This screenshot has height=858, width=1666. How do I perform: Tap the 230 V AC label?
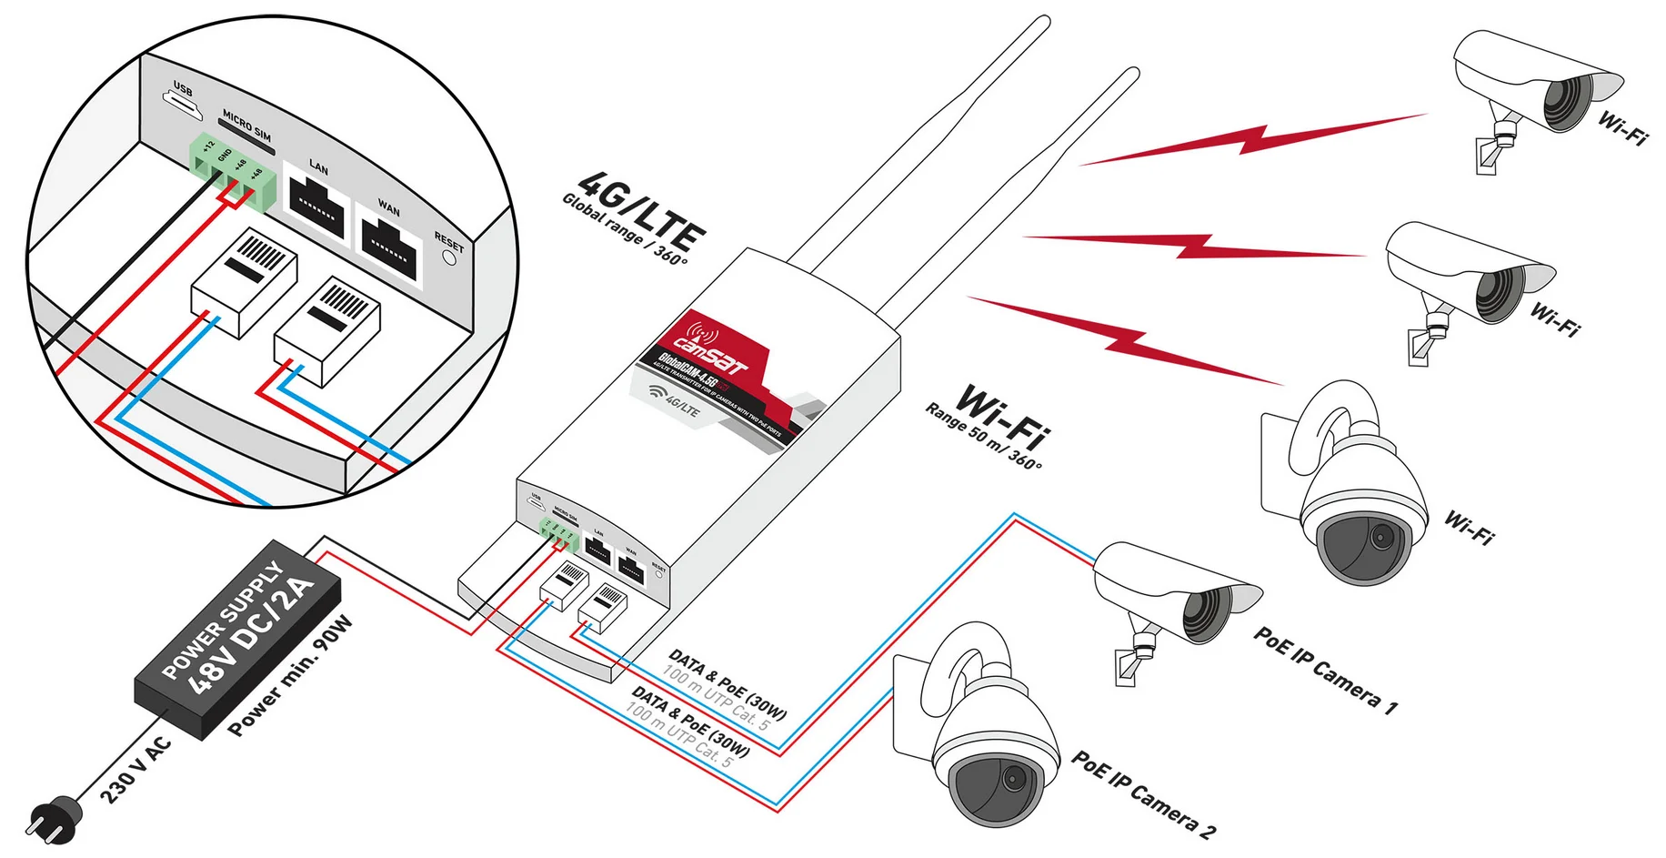tap(135, 770)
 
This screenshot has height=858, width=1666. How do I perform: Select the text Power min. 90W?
tap(290, 676)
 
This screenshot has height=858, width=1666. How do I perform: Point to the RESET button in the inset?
tap(448, 257)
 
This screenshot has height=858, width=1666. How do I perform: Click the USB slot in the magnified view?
tap(186, 107)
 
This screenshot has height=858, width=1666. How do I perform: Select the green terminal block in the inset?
tap(233, 172)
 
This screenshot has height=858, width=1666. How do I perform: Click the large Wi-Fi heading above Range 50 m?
tap(1003, 416)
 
